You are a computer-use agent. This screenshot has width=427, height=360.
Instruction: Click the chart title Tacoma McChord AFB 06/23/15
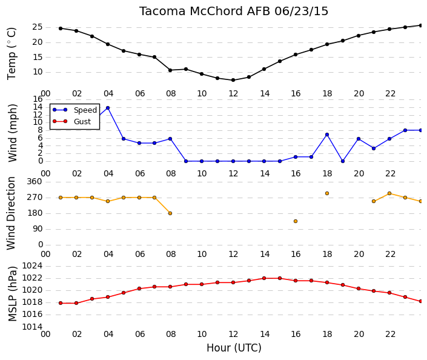234,12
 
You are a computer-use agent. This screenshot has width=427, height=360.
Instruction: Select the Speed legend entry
74,110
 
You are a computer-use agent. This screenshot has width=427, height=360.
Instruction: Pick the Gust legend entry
71,121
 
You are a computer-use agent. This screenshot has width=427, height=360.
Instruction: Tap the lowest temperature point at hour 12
233,80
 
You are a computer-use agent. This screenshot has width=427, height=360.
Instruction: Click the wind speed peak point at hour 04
108,108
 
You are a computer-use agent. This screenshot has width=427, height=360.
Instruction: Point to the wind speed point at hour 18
327,135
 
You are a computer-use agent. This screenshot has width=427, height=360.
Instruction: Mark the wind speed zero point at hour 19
343,161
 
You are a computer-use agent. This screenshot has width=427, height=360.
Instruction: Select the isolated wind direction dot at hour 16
296,221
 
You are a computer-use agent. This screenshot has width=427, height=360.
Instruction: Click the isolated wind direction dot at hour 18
327,193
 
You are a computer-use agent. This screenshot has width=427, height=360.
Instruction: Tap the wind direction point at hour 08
170,213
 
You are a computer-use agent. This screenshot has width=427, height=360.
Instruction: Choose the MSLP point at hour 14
264,278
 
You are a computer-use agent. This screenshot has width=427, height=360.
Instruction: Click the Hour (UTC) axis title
234,348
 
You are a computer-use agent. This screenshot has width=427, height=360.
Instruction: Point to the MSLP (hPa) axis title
12,294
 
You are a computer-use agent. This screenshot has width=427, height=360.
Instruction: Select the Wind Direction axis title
11,213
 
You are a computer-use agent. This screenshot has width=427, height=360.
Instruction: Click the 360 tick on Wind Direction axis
35,181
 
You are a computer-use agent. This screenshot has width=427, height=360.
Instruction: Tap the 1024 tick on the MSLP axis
32,265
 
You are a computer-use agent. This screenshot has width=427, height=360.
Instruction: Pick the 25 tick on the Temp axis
38,27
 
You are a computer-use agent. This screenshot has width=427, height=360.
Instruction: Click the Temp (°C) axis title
12,54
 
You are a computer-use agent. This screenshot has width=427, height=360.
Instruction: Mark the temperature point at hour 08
170,70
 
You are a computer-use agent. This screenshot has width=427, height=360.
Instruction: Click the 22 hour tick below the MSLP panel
390,335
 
